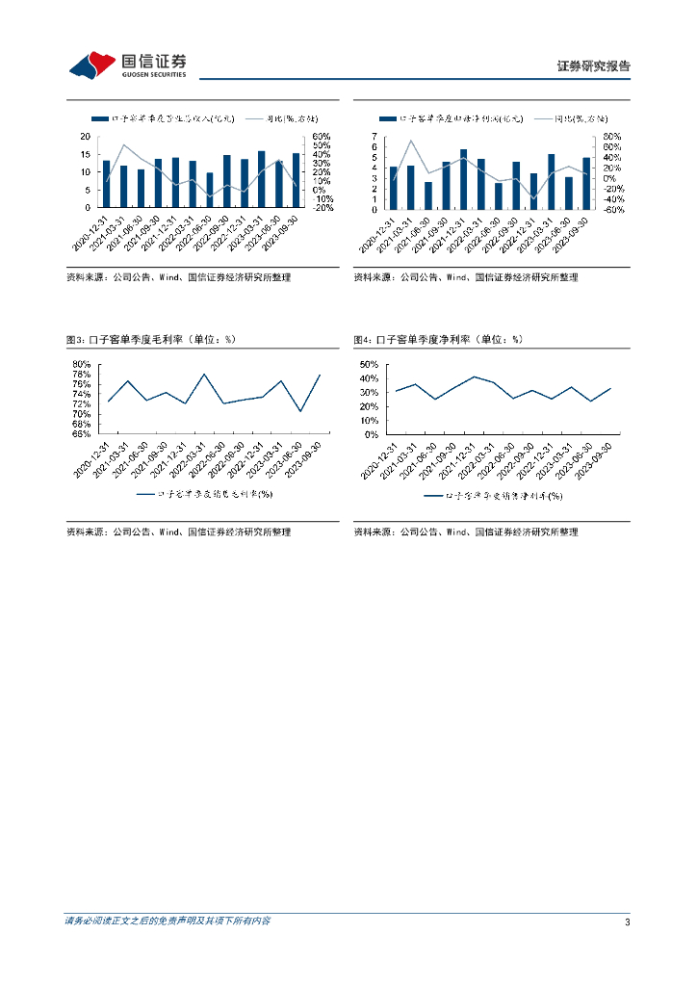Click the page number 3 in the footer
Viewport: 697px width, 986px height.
tap(627, 922)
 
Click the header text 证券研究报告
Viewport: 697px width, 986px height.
tap(594, 66)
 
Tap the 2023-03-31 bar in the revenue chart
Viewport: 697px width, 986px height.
tap(262, 179)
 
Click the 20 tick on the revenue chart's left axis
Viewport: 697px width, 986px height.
tap(86, 137)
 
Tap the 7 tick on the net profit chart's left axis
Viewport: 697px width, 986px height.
tap(374, 137)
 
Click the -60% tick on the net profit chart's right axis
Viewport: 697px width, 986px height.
tap(612, 208)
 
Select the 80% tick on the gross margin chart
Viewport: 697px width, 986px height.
tap(82, 364)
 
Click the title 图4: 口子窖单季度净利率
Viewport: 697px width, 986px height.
tap(438, 340)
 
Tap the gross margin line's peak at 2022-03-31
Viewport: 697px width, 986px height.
tap(205, 374)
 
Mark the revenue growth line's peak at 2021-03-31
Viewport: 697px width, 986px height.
tap(124, 144)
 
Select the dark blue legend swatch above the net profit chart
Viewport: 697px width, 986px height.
tap(388, 118)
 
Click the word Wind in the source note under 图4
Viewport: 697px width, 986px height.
tap(457, 532)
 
